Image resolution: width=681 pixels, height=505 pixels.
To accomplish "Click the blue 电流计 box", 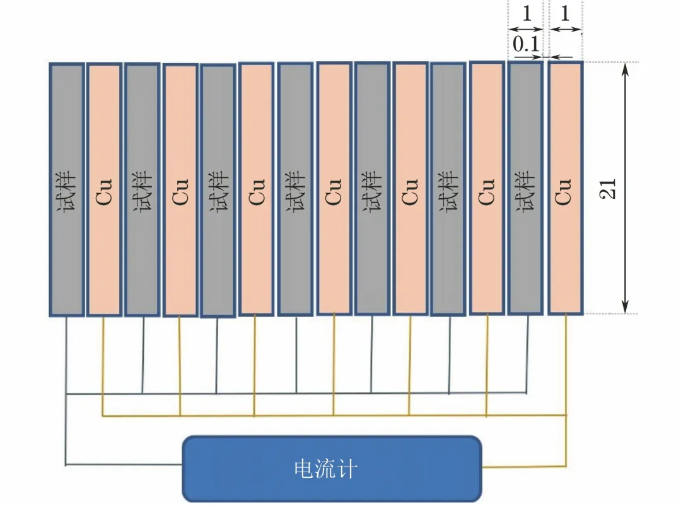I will click(x=332, y=468).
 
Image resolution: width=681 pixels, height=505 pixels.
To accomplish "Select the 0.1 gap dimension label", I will click(x=525, y=45).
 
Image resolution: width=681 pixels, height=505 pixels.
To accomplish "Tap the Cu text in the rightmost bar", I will click(x=564, y=191).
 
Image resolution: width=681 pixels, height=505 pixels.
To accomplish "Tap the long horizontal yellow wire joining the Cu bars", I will click(x=334, y=415).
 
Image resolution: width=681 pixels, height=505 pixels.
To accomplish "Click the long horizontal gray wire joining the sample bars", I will click(x=296, y=393).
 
